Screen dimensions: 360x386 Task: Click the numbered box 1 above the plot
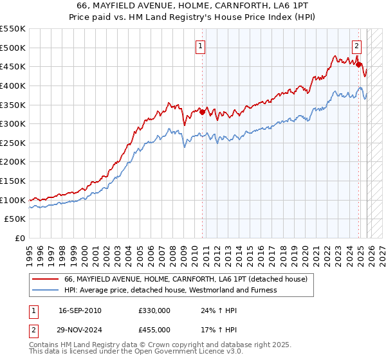[201, 46]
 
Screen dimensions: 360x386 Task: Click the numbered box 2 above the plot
[356, 46]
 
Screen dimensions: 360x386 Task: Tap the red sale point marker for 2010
[202, 113]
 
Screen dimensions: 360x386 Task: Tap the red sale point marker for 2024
[358, 64]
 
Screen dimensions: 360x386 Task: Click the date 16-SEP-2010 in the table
[80, 310]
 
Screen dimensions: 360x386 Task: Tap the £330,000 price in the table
[154, 310]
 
